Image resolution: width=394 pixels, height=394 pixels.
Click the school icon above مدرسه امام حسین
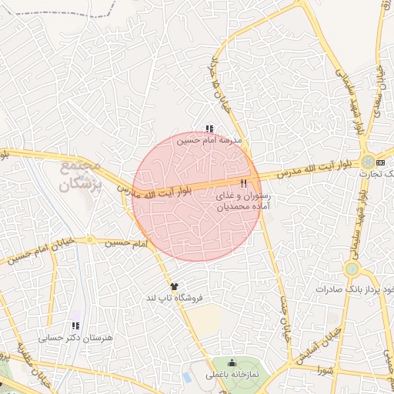(209, 129)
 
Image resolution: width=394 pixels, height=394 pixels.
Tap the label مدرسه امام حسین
(209, 141)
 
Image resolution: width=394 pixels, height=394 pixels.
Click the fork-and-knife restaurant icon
(244, 183)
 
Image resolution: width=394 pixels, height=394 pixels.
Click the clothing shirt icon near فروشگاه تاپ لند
(174, 286)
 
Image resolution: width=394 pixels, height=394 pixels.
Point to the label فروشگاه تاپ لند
(173, 297)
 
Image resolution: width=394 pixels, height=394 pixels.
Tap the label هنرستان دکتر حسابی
(75, 338)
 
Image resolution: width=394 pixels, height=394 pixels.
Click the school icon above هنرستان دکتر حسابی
(75, 326)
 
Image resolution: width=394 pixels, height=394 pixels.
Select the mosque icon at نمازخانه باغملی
(232, 363)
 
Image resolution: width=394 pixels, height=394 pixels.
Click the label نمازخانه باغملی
(233, 375)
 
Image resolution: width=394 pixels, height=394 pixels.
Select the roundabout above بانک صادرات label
(352, 269)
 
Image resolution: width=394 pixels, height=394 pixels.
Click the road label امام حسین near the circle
(127, 243)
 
